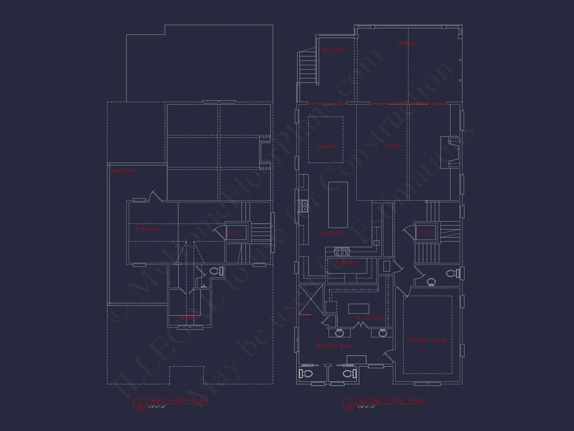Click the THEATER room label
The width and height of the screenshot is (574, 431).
tap(147, 229)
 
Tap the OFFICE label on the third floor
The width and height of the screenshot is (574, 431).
tap(187, 318)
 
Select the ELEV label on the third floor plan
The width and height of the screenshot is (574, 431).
tap(234, 233)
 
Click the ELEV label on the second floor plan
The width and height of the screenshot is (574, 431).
tap(424, 232)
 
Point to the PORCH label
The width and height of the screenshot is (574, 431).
tap(406, 43)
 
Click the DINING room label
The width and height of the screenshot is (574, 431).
tap(326, 147)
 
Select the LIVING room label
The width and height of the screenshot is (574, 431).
tap(393, 145)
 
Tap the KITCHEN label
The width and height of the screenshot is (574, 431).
tap(332, 233)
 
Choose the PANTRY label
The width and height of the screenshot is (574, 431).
tap(346, 263)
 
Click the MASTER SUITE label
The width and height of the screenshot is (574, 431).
tap(427, 340)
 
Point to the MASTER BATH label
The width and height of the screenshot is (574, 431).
tap(335, 346)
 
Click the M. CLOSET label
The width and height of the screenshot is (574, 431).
tap(371, 318)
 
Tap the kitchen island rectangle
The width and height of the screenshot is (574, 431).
tap(338, 205)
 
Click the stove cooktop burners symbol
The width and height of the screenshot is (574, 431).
tap(342, 251)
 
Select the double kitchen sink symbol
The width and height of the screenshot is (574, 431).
tap(304, 206)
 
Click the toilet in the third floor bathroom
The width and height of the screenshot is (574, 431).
tap(216, 271)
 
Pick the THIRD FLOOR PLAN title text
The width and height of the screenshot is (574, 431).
tap(178, 401)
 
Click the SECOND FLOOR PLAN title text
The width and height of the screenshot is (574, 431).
tap(390, 401)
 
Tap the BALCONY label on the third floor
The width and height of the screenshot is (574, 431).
tap(124, 171)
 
